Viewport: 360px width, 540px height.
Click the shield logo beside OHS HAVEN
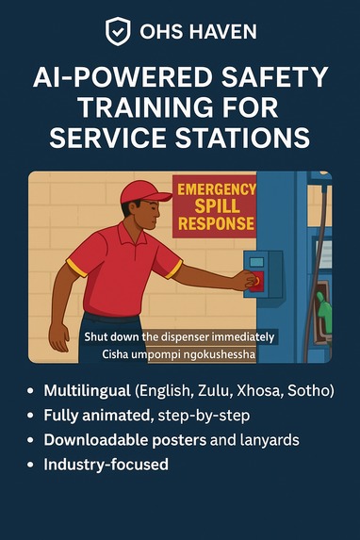118,31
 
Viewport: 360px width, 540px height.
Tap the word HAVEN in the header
223,32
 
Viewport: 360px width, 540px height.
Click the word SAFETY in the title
274,77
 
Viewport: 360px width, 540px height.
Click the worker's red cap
145,192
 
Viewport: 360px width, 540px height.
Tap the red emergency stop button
256,281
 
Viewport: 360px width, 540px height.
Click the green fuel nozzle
323,309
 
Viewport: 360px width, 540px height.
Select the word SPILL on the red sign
217,206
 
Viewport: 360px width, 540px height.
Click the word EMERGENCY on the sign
217,189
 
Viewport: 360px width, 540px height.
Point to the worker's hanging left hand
59,337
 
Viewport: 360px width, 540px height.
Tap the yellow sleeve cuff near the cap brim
173,269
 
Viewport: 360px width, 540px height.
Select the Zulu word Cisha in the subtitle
115,353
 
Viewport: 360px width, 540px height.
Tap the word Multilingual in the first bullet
87,391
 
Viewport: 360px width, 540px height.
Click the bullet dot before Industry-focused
31,465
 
